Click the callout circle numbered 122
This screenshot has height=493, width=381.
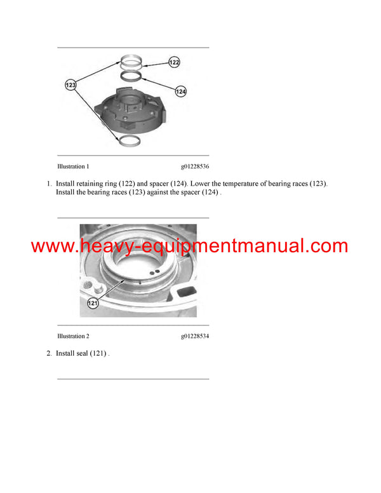pyautogui.click(x=174, y=62)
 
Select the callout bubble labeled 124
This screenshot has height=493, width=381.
pyautogui.click(x=180, y=92)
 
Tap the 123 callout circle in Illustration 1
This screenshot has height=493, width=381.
pyautogui.click(x=72, y=84)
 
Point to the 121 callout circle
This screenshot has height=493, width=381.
pyautogui.click(x=93, y=303)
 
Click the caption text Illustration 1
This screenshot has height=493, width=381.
pyautogui.click(x=73, y=166)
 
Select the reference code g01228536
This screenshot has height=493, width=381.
pyautogui.click(x=194, y=166)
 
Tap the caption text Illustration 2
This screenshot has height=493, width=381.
pyautogui.click(x=73, y=336)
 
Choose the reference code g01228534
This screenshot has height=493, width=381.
pyautogui.click(x=194, y=336)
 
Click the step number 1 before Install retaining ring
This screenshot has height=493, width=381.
pyautogui.click(x=49, y=184)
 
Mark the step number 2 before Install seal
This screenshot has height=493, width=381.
pyautogui.click(x=49, y=353)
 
